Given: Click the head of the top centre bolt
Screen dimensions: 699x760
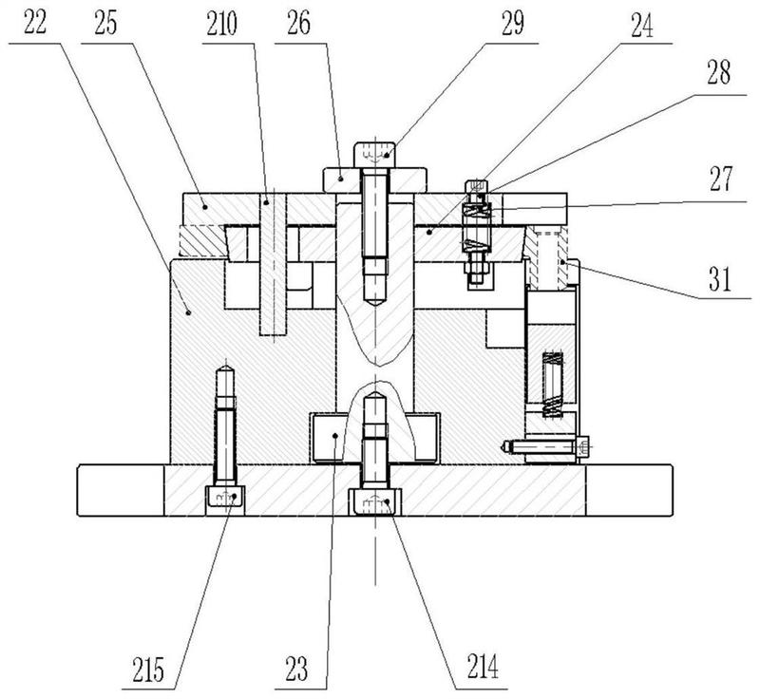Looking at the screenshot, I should (x=376, y=152).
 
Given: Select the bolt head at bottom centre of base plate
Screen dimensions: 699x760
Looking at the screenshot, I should (x=375, y=501).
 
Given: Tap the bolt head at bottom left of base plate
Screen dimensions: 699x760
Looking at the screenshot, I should (x=226, y=497).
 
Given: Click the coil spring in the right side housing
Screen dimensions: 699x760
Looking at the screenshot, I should (x=552, y=384).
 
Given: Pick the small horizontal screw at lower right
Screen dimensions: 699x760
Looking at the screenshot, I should (x=543, y=444).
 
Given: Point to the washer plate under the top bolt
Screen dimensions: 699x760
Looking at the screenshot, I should (x=376, y=178).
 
